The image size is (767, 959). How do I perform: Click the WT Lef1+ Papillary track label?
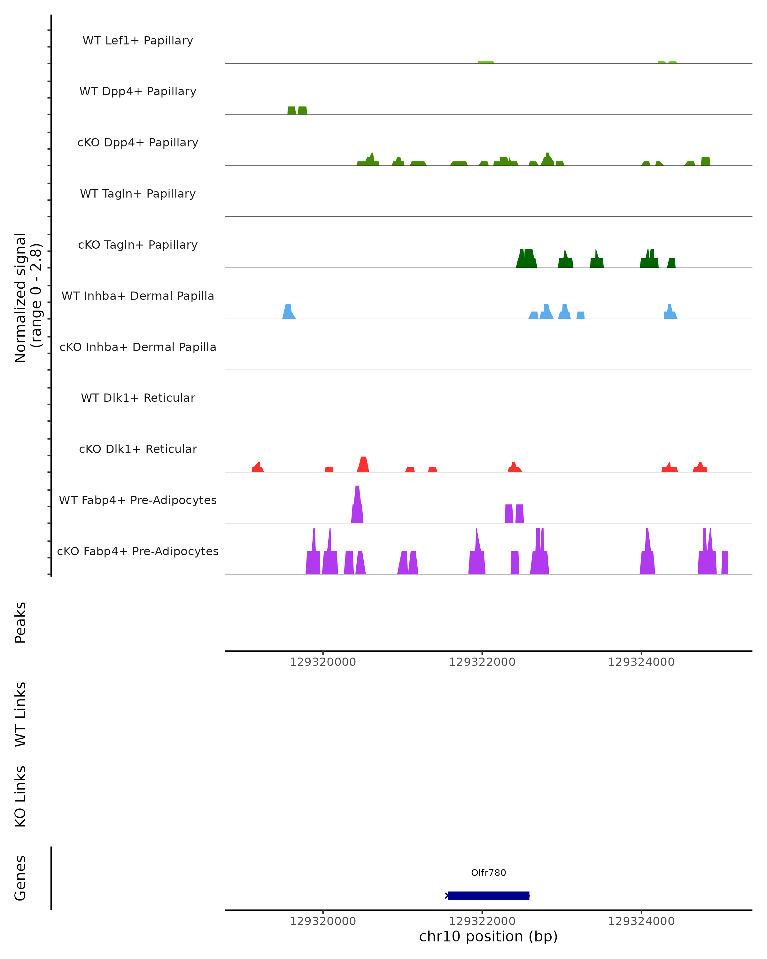coord(138,41)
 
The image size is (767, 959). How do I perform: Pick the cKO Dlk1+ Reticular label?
coord(138,449)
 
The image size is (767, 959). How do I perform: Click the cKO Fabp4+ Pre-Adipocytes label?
coord(138,551)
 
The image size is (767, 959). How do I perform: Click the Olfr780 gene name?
coord(488,873)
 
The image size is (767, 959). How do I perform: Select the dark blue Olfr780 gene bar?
coord(488,896)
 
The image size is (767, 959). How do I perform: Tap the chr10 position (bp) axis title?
coord(488,936)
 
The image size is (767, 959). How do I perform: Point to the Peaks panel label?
coord(20,622)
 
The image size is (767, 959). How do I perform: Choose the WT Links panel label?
coord(20,714)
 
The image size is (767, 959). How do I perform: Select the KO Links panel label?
coord(20,796)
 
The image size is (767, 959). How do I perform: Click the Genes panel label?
coord(20,878)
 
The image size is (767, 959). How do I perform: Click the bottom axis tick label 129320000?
coord(323,921)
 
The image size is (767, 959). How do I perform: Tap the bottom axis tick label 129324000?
coord(641,921)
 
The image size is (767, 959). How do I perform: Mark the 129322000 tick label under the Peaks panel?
coord(482,662)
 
